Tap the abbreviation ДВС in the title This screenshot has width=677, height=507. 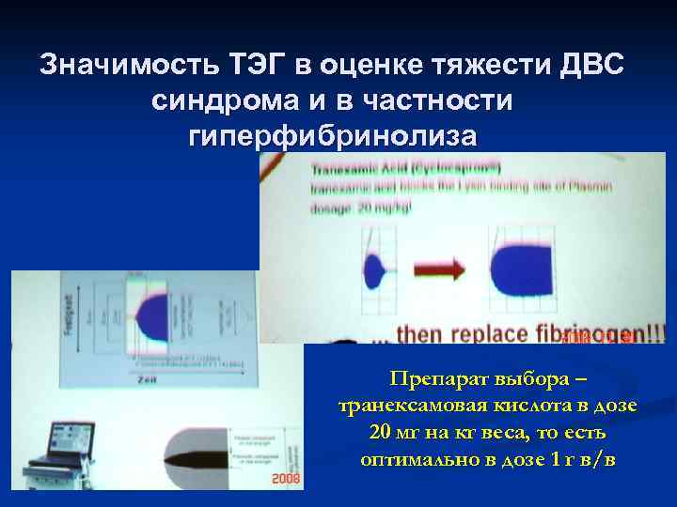click(590, 68)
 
